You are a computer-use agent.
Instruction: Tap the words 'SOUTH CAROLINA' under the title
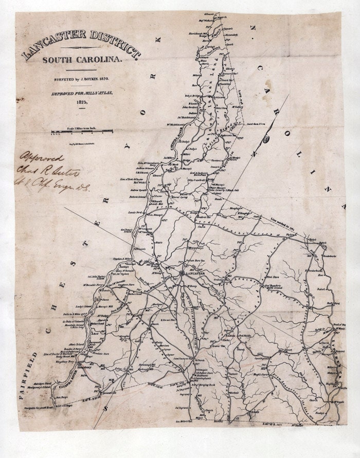click(82, 60)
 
